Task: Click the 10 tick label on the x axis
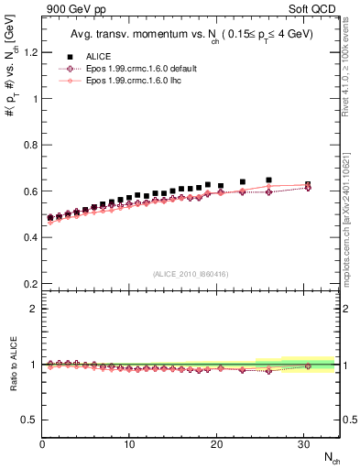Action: click(129, 444)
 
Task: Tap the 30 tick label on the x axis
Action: click(303, 444)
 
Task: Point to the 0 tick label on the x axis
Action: click(42, 444)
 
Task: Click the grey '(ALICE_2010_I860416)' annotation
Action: click(191, 274)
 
